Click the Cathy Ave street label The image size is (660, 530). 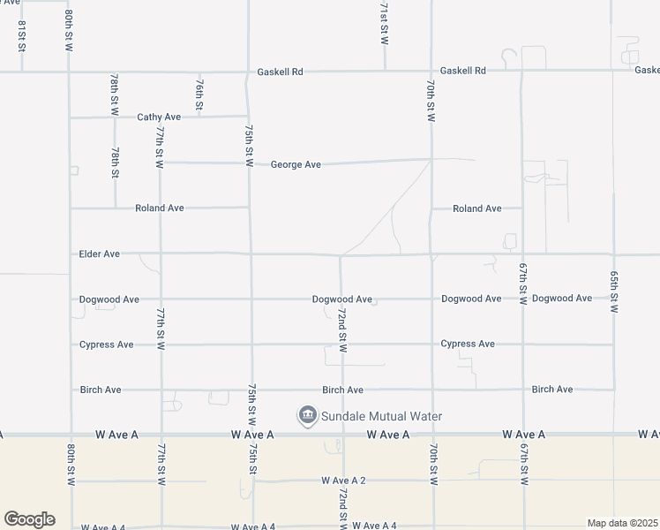(159, 117)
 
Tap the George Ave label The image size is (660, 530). (296, 164)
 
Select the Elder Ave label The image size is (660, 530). (99, 254)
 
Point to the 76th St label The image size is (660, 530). (200, 95)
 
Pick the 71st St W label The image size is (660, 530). (384, 24)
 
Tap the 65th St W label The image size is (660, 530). (613, 291)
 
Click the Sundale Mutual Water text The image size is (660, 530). (381, 416)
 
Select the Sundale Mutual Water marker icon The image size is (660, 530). (307, 415)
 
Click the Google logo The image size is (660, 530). (29, 519)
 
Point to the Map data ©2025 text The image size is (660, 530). (621, 523)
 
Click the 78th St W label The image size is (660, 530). (115, 95)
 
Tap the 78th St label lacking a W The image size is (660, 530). (115, 163)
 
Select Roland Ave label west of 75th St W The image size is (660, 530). (159, 208)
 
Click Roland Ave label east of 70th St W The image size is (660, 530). (476, 209)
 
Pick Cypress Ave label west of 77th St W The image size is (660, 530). (106, 344)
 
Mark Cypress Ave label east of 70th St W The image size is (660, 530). (468, 344)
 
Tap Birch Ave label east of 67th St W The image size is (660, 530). (552, 390)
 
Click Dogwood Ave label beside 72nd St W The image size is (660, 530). (341, 299)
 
